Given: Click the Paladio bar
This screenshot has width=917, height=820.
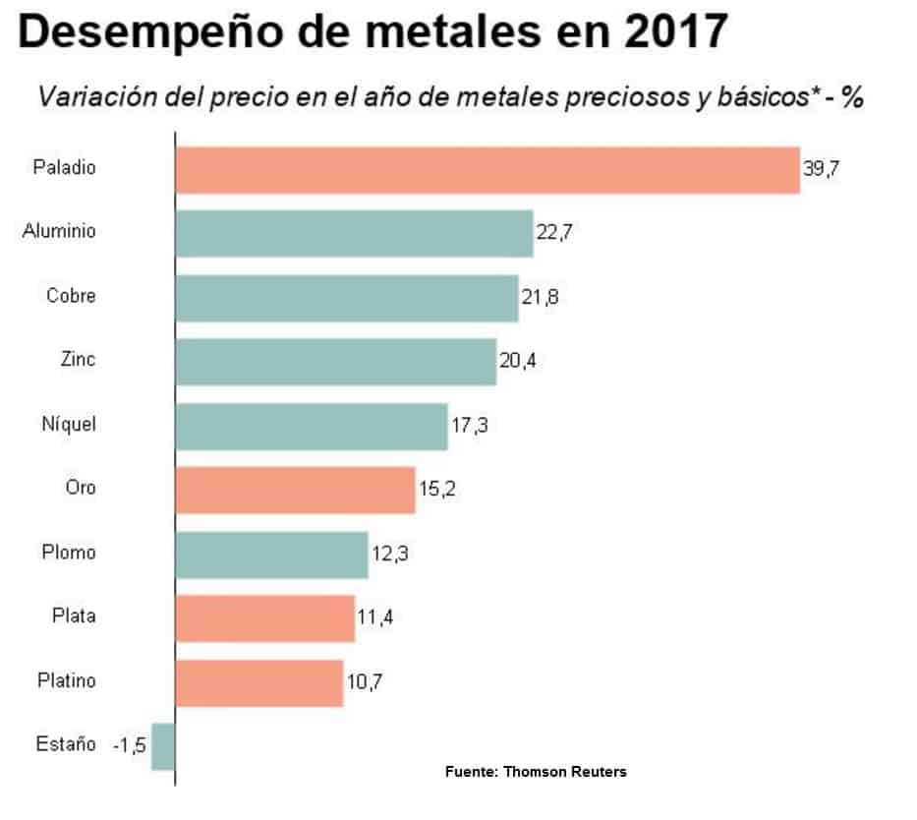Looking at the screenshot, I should pyautogui.click(x=487, y=169).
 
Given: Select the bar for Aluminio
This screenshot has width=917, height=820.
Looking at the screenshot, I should pyautogui.click(x=354, y=233).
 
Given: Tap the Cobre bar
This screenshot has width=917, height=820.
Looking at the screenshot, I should pyautogui.click(x=346, y=298).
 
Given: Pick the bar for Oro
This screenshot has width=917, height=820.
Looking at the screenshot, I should pyautogui.click(x=295, y=490).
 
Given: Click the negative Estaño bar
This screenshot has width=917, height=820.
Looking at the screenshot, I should pyautogui.click(x=163, y=746).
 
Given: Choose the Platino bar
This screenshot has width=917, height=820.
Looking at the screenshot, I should pyautogui.click(x=259, y=682).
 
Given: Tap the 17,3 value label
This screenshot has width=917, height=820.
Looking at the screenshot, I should pyautogui.click(x=469, y=426).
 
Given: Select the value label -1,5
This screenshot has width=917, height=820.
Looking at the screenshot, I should pyautogui.click(x=129, y=746).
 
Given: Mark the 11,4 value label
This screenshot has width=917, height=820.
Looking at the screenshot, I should pyautogui.click(x=376, y=617).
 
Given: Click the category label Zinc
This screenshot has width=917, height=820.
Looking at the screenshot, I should pyautogui.click(x=78, y=359).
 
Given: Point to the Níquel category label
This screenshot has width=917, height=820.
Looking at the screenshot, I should pyautogui.click(x=70, y=424).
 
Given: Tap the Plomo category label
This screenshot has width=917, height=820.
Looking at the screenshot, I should pyautogui.click(x=69, y=552).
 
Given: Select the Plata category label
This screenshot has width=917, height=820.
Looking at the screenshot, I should pyautogui.click(x=74, y=616).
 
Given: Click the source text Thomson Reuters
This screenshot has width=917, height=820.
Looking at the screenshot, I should pyautogui.click(x=564, y=772).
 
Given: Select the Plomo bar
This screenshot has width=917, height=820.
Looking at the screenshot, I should pyautogui.click(x=271, y=555).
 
